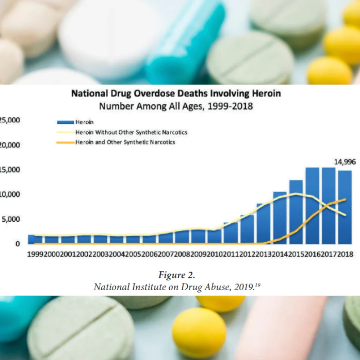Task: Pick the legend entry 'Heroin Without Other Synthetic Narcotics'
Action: click(121, 132)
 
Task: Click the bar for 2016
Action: click(312, 205)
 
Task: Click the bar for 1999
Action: click(31, 239)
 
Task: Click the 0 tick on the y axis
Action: click(18, 243)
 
